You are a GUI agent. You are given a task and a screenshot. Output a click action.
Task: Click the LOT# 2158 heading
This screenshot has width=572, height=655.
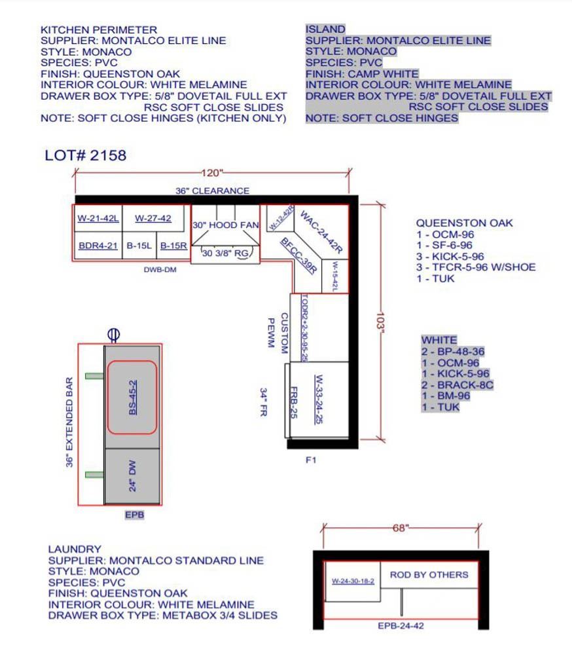click(x=85, y=155)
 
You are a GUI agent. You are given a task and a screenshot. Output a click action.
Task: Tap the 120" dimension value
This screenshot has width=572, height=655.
click(x=212, y=173)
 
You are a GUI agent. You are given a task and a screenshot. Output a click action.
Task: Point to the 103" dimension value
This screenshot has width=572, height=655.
click(x=380, y=321)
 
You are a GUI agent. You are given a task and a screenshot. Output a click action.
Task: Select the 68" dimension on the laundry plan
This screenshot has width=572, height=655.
click(x=400, y=528)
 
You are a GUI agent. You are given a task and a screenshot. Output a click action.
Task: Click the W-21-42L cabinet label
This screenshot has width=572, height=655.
click(x=98, y=218)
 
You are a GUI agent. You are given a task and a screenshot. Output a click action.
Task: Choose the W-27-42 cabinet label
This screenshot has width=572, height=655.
click(x=152, y=218)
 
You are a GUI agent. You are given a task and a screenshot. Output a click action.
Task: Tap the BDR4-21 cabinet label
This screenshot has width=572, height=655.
click(x=98, y=246)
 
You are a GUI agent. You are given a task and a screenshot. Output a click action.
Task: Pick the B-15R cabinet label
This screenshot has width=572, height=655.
click(x=173, y=246)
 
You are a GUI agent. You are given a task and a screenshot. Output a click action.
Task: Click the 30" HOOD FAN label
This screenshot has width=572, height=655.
click(x=225, y=225)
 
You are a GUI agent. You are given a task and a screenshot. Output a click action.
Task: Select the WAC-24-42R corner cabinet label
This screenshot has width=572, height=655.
click(x=321, y=233)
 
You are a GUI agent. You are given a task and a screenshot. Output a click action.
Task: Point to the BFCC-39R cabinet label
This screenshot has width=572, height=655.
click(x=298, y=255)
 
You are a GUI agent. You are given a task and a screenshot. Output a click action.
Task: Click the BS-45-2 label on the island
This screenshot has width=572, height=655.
click(x=132, y=398)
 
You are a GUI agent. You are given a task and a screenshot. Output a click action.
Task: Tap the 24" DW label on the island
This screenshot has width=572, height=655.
click(x=132, y=476)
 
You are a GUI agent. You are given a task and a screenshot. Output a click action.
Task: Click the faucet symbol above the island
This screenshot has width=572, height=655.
click(x=114, y=335)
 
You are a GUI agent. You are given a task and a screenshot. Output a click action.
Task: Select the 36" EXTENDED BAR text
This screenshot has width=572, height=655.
click(x=69, y=422)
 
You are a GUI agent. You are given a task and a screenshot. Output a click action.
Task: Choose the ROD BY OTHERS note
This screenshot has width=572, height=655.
click(x=429, y=575)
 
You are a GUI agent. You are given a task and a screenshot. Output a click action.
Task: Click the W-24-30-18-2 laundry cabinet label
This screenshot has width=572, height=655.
click(x=353, y=581)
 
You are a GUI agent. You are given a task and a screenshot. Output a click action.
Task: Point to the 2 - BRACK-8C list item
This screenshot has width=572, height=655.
click(x=457, y=384)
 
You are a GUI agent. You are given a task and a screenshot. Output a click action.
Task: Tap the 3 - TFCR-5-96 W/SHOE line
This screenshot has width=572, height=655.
click(x=476, y=267)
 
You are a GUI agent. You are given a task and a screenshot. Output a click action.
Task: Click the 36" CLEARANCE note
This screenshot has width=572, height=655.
click(x=212, y=191)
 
